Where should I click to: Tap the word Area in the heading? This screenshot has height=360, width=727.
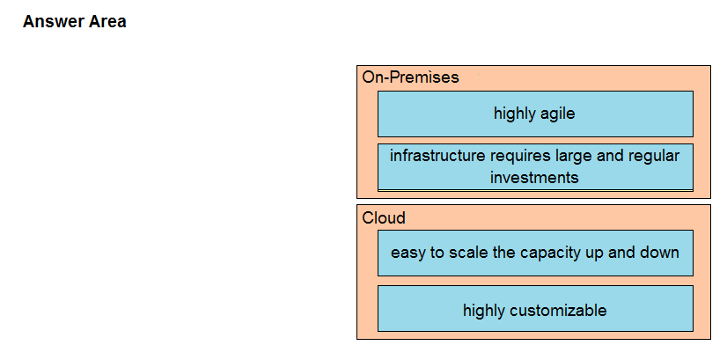pyautogui.click(x=107, y=21)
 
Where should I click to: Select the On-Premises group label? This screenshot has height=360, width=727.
pyautogui.click(x=410, y=77)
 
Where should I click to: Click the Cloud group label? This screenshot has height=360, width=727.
pyautogui.click(x=384, y=217)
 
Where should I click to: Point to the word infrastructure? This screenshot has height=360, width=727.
pyautogui.click(x=437, y=156)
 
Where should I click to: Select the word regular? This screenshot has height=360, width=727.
pyautogui.click(x=654, y=157)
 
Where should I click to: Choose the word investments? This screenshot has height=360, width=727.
pyautogui.click(x=534, y=178)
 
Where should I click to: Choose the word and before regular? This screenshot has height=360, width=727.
pyautogui.click(x=610, y=156)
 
